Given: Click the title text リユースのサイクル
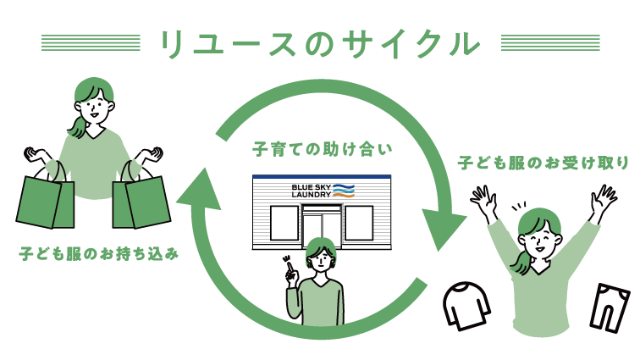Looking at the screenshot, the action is tap(319, 44).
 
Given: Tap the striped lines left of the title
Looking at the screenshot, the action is tap(91, 43).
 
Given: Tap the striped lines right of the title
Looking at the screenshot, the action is tap(550, 43).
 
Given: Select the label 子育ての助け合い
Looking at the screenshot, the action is tap(323, 150).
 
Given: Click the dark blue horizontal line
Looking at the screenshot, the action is tap(322, 177).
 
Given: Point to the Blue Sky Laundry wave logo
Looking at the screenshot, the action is tap(343, 191).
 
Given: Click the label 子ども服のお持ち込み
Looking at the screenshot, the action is tap(99, 253).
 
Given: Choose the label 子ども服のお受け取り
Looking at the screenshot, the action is tap(544, 163).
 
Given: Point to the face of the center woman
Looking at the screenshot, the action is tap(322, 259).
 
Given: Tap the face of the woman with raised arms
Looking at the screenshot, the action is tap(542, 236).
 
